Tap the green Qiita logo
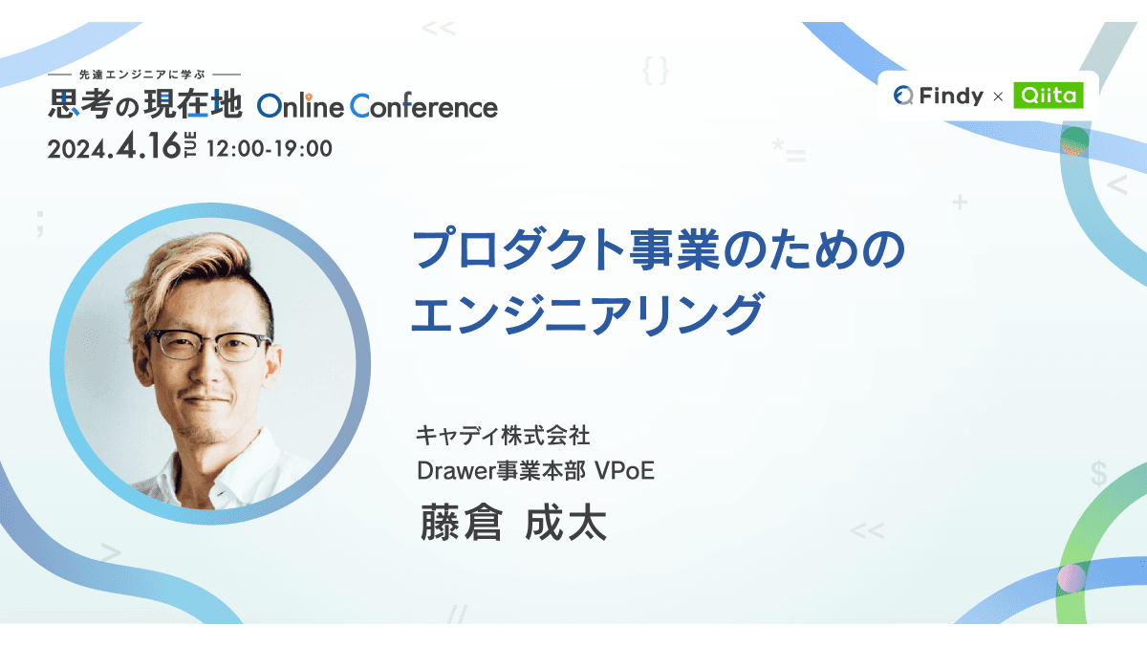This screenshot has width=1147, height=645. (x=1049, y=95)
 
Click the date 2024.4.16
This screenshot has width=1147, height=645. (x=114, y=147)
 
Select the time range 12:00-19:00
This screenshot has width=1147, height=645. (x=269, y=148)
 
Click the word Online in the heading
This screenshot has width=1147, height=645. (x=300, y=105)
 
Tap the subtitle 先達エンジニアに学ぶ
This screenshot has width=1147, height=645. (x=145, y=75)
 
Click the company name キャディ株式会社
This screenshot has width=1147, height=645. (x=503, y=437)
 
